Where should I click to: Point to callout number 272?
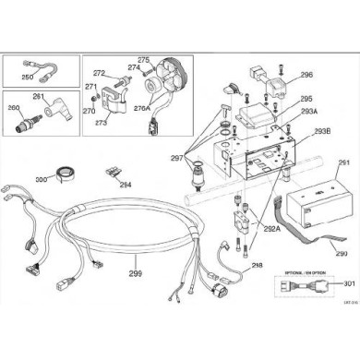[x=100, y=72]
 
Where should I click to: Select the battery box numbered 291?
[x=318, y=203]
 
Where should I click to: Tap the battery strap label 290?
[x=315, y=254]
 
